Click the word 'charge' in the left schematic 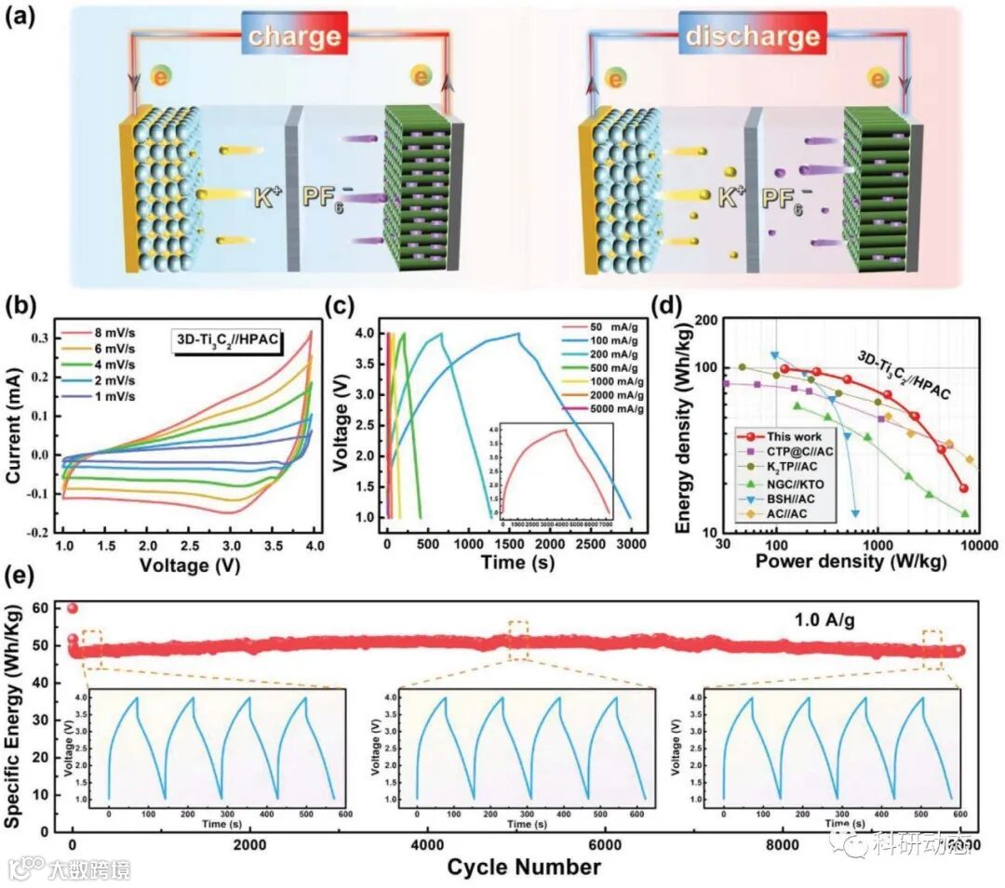(295, 37)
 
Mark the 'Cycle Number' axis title (523, 867)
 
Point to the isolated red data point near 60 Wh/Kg (73, 608)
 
